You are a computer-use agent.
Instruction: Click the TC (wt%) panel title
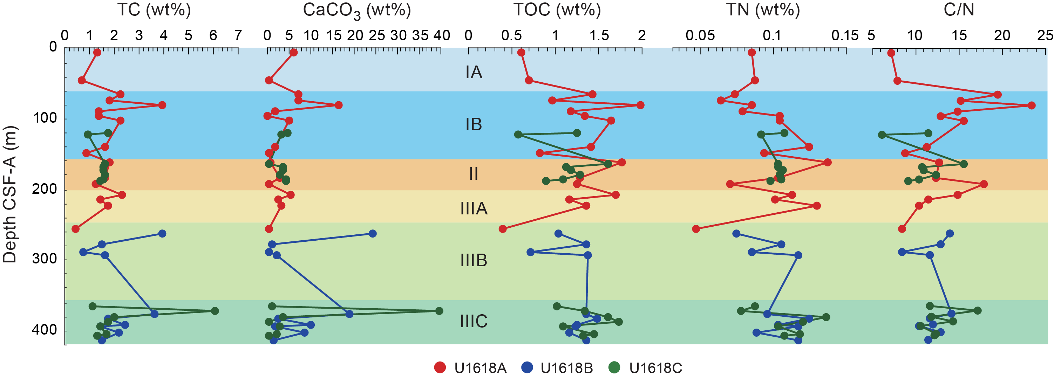click(154, 10)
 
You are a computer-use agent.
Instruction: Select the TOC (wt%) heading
click(557, 10)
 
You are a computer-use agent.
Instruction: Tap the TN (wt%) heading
click(763, 10)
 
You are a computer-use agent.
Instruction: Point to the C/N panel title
click(959, 10)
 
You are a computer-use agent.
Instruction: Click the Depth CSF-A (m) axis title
click(10, 194)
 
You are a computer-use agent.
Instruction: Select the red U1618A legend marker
click(440, 368)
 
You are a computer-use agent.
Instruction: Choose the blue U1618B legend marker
click(528, 368)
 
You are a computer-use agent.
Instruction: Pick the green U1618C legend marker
click(614, 368)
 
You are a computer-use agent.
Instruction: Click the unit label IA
click(474, 73)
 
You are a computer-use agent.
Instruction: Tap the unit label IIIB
click(474, 261)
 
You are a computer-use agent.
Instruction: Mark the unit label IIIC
click(474, 322)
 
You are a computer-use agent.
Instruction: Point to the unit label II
click(474, 174)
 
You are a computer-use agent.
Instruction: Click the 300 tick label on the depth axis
click(44, 259)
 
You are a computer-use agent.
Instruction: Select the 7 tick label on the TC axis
click(238, 36)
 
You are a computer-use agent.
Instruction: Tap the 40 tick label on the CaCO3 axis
click(442, 36)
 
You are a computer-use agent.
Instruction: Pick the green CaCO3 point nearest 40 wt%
click(439, 311)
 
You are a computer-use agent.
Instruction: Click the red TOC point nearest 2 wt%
click(640, 105)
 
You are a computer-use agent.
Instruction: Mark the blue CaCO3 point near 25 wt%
click(373, 234)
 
